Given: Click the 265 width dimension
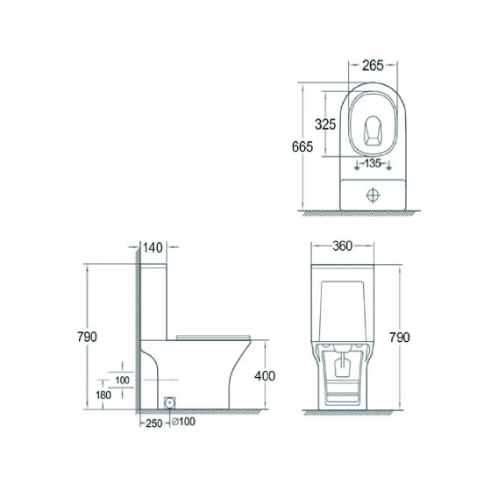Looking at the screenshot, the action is (373, 66).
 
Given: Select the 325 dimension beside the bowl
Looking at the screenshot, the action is (325, 125).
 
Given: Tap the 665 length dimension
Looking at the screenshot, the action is (302, 146).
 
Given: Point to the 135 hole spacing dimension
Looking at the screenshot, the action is (373, 163).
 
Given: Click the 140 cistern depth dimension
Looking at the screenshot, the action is (153, 247).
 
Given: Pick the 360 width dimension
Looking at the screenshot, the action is (342, 246).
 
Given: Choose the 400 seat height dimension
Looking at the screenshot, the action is (265, 376).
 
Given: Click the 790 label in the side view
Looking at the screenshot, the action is (87, 337).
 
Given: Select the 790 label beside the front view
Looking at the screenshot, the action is (399, 338).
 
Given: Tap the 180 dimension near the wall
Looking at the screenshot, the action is (103, 395).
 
